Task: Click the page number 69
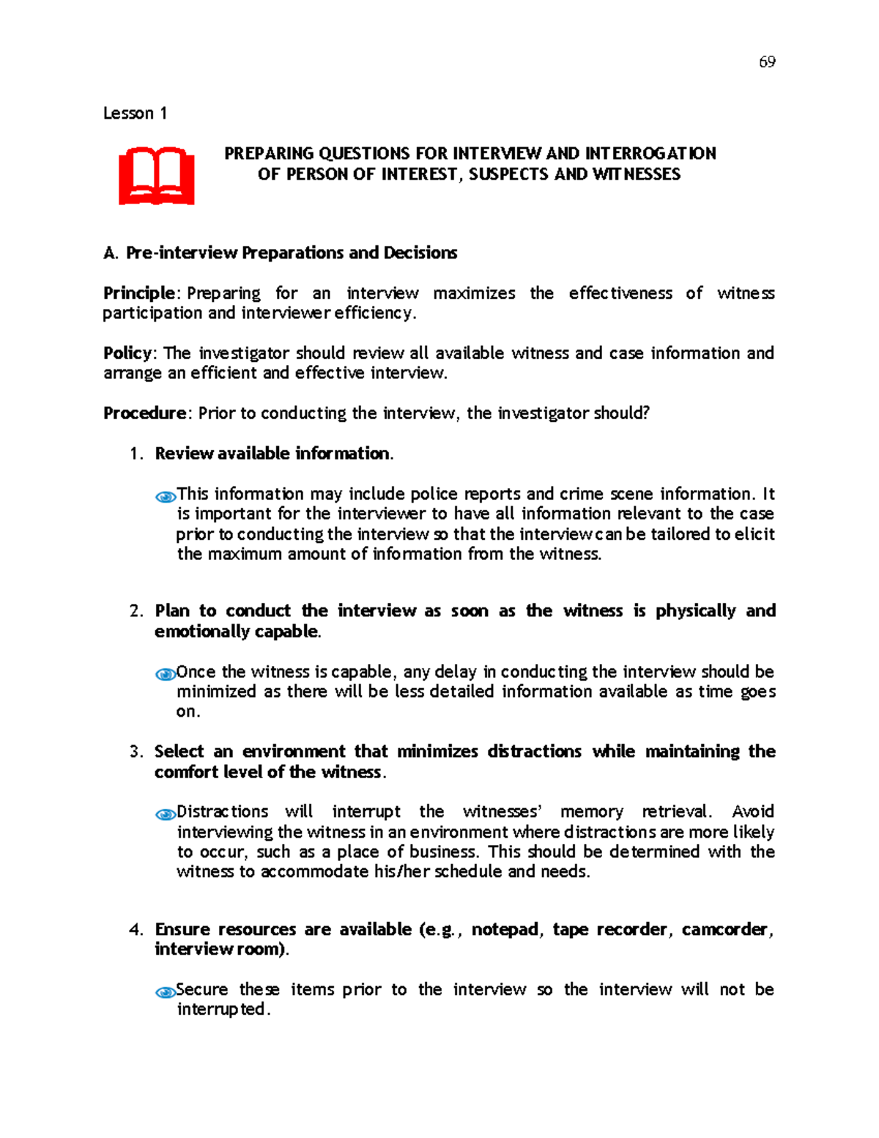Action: (x=767, y=62)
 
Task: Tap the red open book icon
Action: (x=157, y=177)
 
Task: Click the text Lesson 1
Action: (x=135, y=114)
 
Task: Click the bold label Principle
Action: (x=138, y=293)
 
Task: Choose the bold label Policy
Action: (x=128, y=353)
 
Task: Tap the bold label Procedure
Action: (x=144, y=413)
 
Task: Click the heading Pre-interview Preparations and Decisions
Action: (x=291, y=253)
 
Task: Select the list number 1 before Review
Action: (x=135, y=454)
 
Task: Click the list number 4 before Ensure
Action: (x=135, y=930)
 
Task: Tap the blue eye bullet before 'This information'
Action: (x=166, y=497)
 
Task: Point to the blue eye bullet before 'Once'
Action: (x=166, y=674)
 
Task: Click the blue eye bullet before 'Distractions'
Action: (x=166, y=814)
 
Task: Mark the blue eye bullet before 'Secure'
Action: (x=166, y=992)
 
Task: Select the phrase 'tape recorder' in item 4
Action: (x=609, y=930)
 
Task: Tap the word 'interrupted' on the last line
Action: (x=223, y=1010)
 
